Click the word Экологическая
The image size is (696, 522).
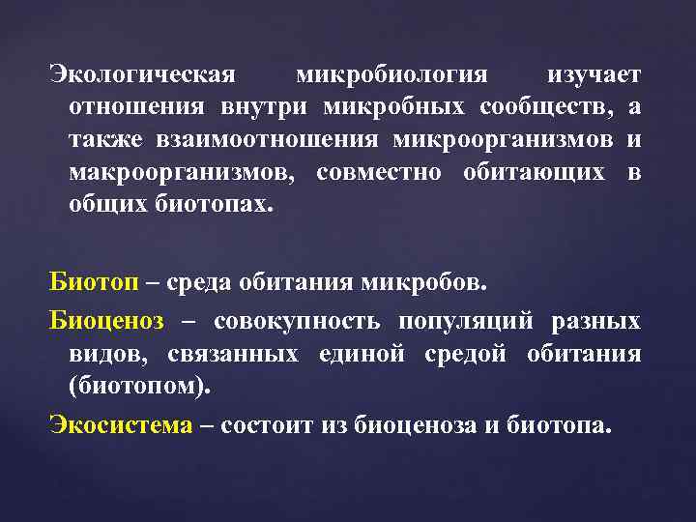pos(142,75)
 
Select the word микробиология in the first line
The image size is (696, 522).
pos(391,75)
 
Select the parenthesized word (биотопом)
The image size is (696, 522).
pos(152,386)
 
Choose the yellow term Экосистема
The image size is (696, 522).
pos(122,425)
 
